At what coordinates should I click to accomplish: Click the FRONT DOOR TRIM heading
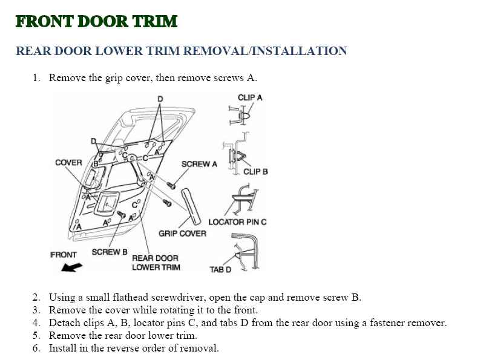point(96,22)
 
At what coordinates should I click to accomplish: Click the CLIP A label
point(250,97)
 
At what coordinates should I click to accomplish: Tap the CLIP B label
point(255,172)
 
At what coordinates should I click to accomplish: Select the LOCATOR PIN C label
point(237,222)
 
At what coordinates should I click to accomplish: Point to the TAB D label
point(220,269)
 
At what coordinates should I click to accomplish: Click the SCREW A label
point(199,164)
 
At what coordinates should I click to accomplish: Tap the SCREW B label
point(110,252)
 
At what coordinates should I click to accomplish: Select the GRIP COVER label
point(182,234)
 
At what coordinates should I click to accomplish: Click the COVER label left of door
point(68,163)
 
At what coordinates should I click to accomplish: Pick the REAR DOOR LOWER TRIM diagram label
point(156,263)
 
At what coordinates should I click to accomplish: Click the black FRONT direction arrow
point(71,267)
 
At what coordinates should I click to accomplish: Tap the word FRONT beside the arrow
point(64,255)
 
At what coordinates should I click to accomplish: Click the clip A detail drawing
point(240,114)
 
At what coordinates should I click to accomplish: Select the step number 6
point(36,348)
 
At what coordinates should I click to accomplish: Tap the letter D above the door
point(160,98)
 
